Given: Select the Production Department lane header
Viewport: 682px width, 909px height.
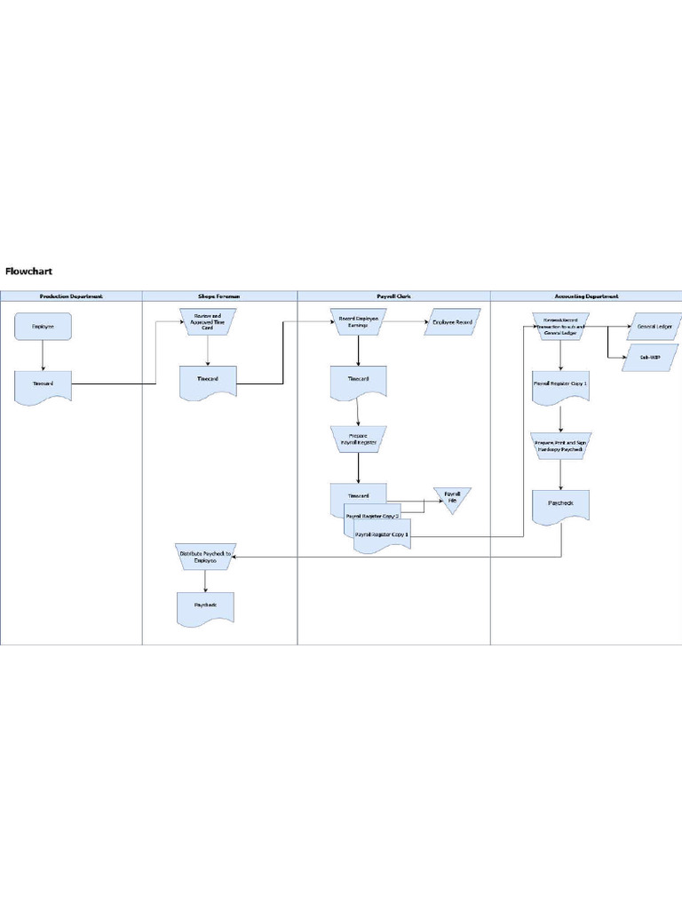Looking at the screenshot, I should tap(71, 296).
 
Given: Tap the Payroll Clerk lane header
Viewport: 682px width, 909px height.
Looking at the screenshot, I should tap(393, 296).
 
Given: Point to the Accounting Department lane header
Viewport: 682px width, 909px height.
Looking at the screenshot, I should tap(585, 296).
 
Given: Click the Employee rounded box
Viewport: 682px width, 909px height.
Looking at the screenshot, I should tap(43, 327).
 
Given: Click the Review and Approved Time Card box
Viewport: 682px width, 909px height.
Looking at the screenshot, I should tap(208, 322).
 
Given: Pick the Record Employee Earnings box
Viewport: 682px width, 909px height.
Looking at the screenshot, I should tap(359, 322).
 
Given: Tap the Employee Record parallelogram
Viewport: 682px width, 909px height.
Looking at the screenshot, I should tap(452, 322).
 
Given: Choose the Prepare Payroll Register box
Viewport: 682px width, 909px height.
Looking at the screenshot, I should tap(359, 439).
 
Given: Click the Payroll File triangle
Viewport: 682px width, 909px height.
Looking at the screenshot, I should tap(452, 499).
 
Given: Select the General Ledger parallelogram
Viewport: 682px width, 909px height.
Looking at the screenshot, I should tap(656, 327).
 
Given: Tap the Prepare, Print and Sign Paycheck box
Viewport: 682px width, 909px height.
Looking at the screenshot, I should tap(560, 445).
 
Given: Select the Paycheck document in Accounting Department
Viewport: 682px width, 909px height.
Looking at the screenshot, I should tap(560, 504).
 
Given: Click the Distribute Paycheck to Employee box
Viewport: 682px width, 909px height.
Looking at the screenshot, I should tap(205, 557).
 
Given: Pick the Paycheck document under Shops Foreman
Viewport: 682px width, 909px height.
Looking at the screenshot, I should tap(205, 606).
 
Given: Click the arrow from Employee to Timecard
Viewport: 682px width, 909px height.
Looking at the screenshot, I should tap(43, 355).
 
